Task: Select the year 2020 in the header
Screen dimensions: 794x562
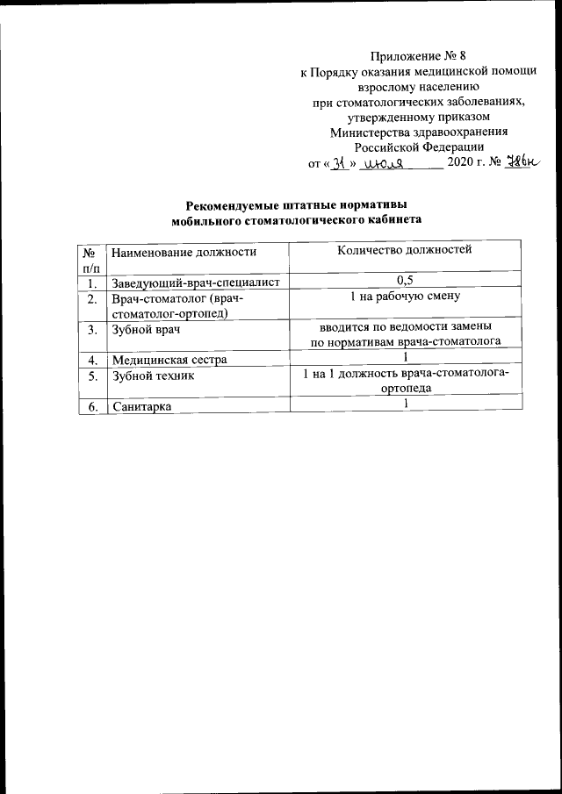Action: click(x=462, y=163)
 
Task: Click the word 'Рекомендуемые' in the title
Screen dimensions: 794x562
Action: click(x=234, y=205)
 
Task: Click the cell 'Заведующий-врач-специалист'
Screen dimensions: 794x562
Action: click(x=195, y=283)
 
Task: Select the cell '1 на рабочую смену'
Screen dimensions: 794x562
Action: click(x=405, y=297)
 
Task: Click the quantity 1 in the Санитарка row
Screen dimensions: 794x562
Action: click(x=406, y=403)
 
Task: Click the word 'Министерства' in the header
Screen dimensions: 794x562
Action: click(x=366, y=132)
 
